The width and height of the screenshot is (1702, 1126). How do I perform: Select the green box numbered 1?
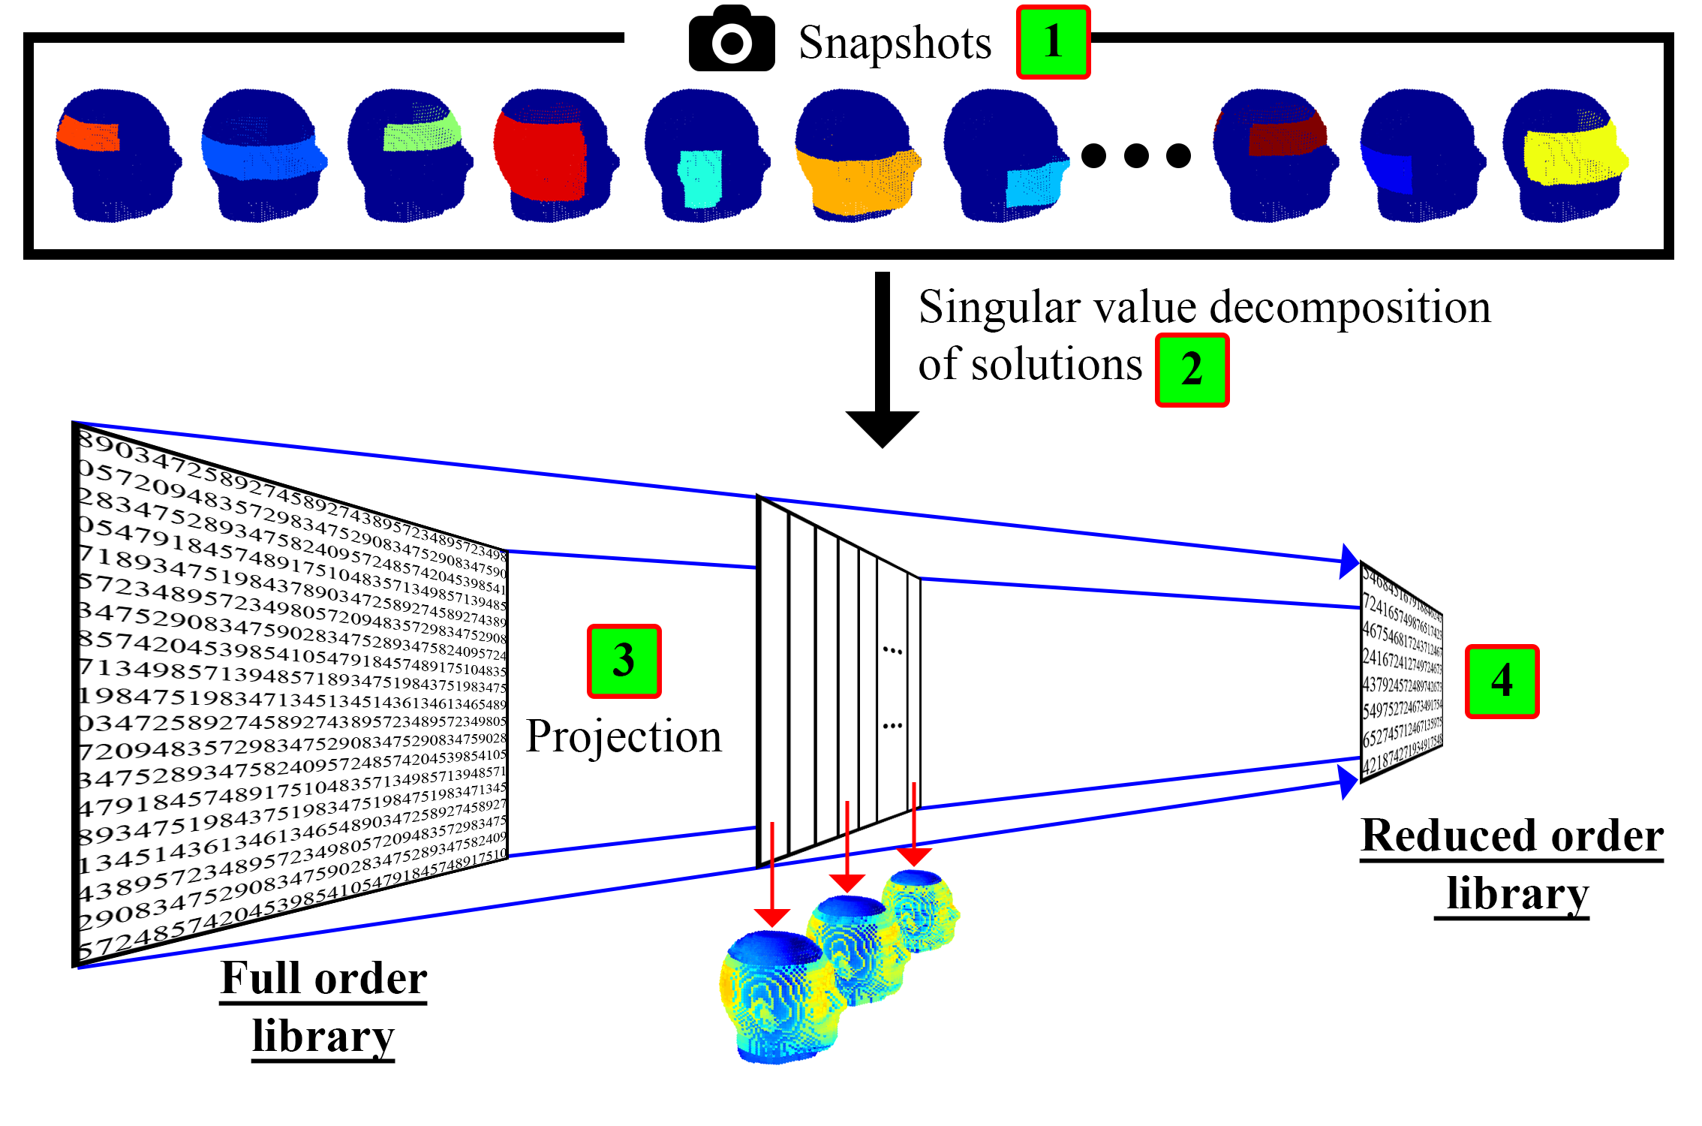[x=1053, y=42]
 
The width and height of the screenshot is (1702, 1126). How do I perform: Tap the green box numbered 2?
[x=1192, y=370]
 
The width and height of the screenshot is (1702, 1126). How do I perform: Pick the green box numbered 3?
[x=624, y=661]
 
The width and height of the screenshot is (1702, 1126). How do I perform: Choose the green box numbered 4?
[x=1502, y=681]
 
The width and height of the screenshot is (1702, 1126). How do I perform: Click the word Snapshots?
[x=895, y=43]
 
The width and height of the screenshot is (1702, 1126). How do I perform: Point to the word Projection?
[x=624, y=737]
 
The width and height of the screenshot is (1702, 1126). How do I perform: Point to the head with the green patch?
[x=410, y=156]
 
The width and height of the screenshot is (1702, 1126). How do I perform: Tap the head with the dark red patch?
[x=1275, y=156]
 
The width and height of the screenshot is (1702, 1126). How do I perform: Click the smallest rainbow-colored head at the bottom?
[x=920, y=910]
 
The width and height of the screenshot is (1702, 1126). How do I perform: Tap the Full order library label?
[x=323, y=1007]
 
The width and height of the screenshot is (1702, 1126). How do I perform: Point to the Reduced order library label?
[x=1512, y=865]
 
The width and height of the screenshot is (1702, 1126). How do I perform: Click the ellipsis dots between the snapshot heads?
[x=1135, y=155]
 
